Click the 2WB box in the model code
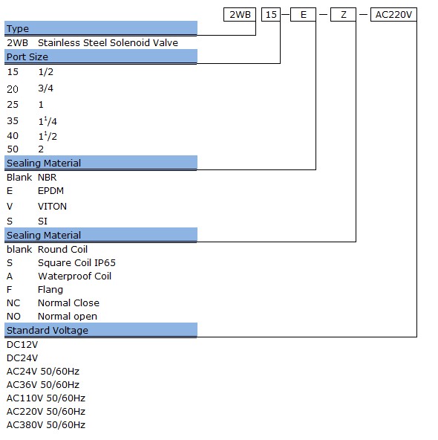[240, 14]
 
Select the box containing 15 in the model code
[271, 14]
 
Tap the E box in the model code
[303, 14]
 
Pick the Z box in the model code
[343, 14]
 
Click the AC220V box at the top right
[393, 14]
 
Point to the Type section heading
[18, 29]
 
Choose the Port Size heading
[27, 57]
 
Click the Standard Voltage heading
[48, 330]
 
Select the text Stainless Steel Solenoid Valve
[108, 42]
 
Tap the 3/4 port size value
[45, 88]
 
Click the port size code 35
[13, 121]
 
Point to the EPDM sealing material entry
[50, 191]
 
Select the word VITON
[52, 207]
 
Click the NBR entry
[47, 178]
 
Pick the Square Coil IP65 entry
[76, 262]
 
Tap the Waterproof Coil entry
[74, 276]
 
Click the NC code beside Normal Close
[13, 302]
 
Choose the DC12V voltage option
[22, 345]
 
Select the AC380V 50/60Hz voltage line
[46, 425]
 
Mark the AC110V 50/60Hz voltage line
[46, 398]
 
